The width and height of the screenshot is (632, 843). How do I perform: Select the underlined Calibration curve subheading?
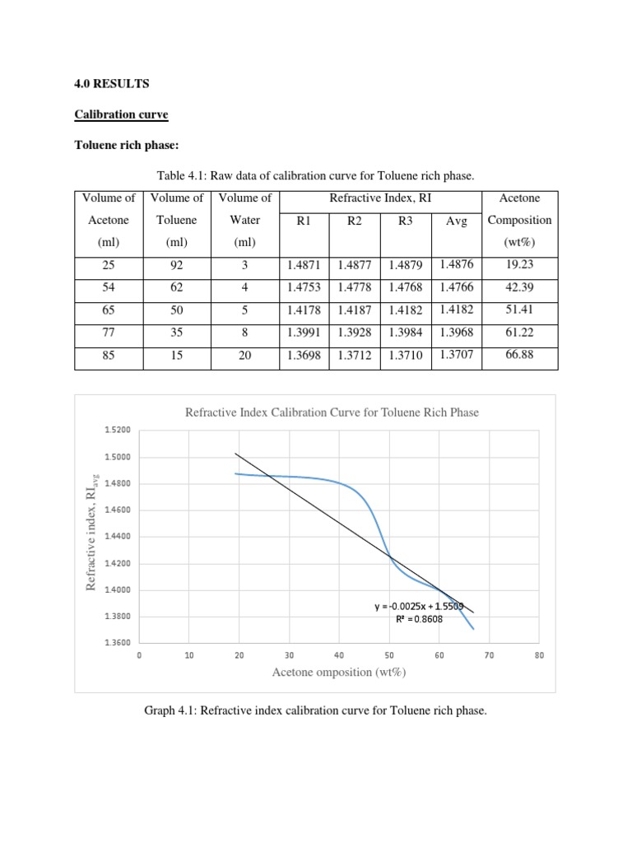point(122,114)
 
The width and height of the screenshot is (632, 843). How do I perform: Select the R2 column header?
point(355,221)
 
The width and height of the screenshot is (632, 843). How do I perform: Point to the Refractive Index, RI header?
point(380,198)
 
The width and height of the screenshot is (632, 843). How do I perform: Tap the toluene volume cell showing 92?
point(177,265)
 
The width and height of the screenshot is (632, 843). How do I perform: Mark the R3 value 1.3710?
point(405,355)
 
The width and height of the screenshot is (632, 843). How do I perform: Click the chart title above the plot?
point(332,412)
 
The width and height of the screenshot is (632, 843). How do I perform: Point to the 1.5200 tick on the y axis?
point(117,430)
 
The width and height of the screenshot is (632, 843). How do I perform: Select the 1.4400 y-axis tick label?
point(117,537)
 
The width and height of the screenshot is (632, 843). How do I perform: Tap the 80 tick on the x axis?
point(540,655)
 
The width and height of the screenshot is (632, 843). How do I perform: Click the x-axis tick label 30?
point(289,655)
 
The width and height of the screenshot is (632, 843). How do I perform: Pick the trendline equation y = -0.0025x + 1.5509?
point(419,607)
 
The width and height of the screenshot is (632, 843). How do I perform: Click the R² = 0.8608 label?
point(419,619)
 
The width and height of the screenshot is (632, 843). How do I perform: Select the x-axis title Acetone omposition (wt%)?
point(339,673)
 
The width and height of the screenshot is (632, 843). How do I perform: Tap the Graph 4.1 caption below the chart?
point(316,710)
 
